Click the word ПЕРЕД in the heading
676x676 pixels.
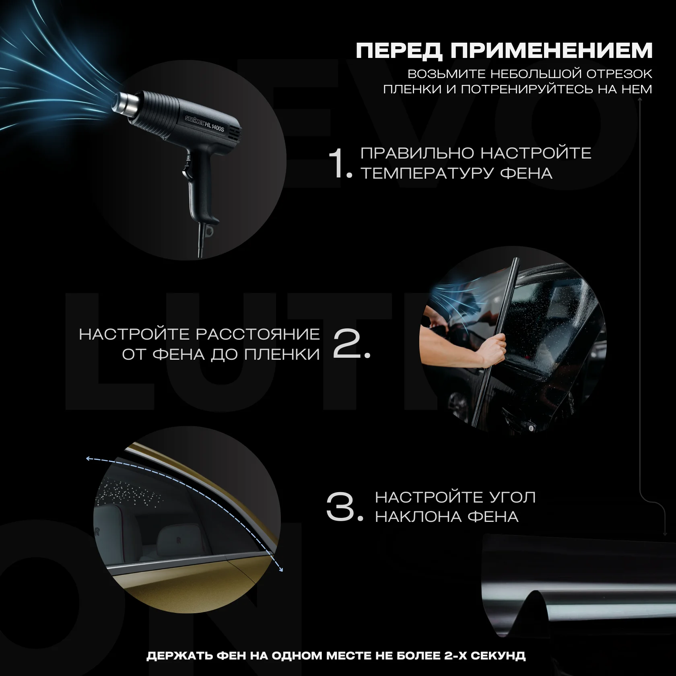[399, 51]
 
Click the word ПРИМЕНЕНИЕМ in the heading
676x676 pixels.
[551, 51]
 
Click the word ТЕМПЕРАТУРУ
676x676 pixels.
[427, 173]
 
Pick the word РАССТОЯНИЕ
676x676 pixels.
[258, 334]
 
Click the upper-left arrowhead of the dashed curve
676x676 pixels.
[89, 458]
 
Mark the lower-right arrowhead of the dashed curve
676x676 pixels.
[281, 569]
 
